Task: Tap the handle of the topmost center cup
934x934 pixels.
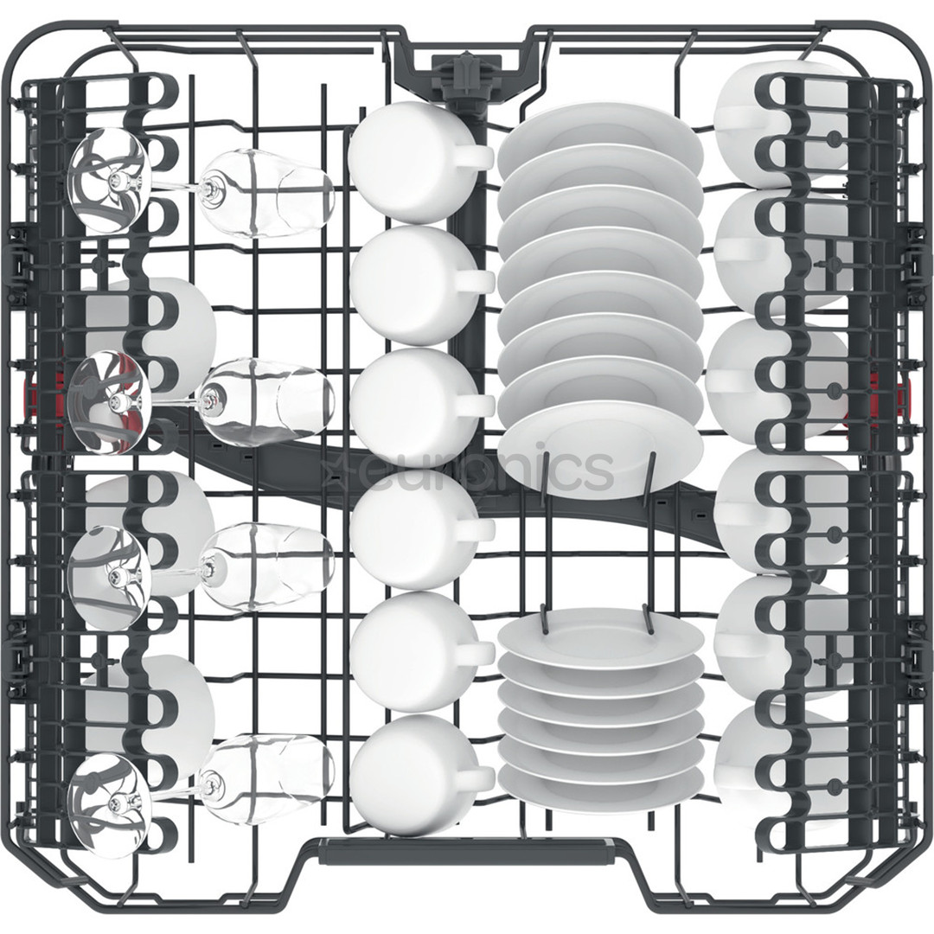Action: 474,158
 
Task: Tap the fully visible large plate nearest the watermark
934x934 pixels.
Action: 601,450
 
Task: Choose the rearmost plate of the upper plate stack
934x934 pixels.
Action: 600,130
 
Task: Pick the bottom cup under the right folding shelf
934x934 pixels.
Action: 778,761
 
